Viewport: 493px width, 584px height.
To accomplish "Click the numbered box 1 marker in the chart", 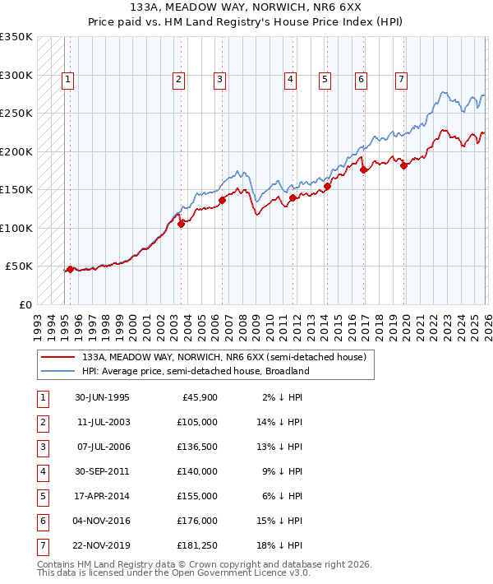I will [67, 80].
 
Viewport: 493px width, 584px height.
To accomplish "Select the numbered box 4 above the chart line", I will [291, 80].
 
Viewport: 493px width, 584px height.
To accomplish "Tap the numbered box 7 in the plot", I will [400, 80].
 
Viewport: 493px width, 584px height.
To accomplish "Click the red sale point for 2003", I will [181, 225].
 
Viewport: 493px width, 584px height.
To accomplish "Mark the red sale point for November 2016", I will [362, 170].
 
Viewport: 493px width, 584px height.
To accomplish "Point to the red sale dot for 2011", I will [293, 197].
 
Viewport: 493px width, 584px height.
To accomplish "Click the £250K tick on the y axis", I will [16, 113].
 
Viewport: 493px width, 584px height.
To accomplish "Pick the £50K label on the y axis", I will [19, 267].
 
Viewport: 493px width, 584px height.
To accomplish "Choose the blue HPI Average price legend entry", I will [195, 371].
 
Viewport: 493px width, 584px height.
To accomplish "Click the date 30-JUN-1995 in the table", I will [102, 397].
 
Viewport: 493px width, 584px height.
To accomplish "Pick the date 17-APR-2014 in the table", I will [102, 496].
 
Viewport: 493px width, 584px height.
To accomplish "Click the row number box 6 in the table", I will [42, 521].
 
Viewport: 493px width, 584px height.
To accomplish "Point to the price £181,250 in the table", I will [196, 545].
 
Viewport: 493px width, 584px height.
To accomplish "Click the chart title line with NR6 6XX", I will [246, 7].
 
